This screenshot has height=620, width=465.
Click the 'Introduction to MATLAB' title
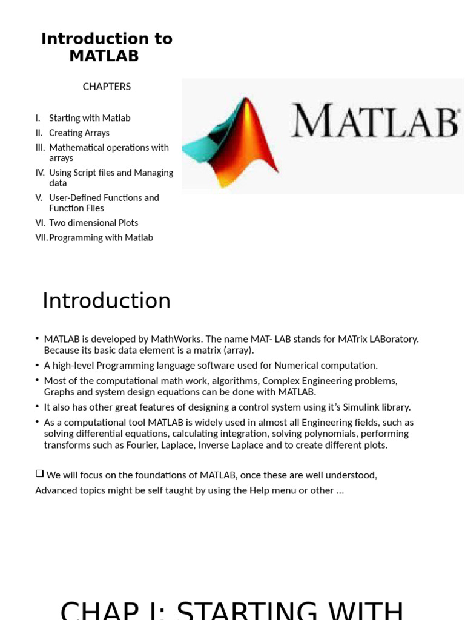pyautogui.click(x=107, y=47)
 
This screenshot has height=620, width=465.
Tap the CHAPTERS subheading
pyautogui.click(x=107, y=87)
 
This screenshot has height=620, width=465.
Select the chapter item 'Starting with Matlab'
pyautogui.click(x=90, y=118)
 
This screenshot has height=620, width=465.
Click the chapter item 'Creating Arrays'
pyautogui.click(x=79, y=133)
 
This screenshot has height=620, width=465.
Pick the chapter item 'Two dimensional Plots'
pyautogui.click(x=94, y=223)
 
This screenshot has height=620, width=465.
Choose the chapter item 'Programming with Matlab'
pyautogui.click(x=101, y=237)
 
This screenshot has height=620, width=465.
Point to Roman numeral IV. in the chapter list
pyautogui.click(x=40, y=173)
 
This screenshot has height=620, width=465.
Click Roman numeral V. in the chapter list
pyautogui.click(x=39, y=197)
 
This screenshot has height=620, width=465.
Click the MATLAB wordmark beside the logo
pyautogui.click(x=375, y=121)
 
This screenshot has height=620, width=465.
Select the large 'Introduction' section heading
pyautogui.click(x=107, y=301)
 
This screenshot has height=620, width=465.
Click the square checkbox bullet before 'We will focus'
pyautogui.click(x=39, y=474)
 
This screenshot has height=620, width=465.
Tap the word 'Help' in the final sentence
pyautogui.click(x=259, y=490)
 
